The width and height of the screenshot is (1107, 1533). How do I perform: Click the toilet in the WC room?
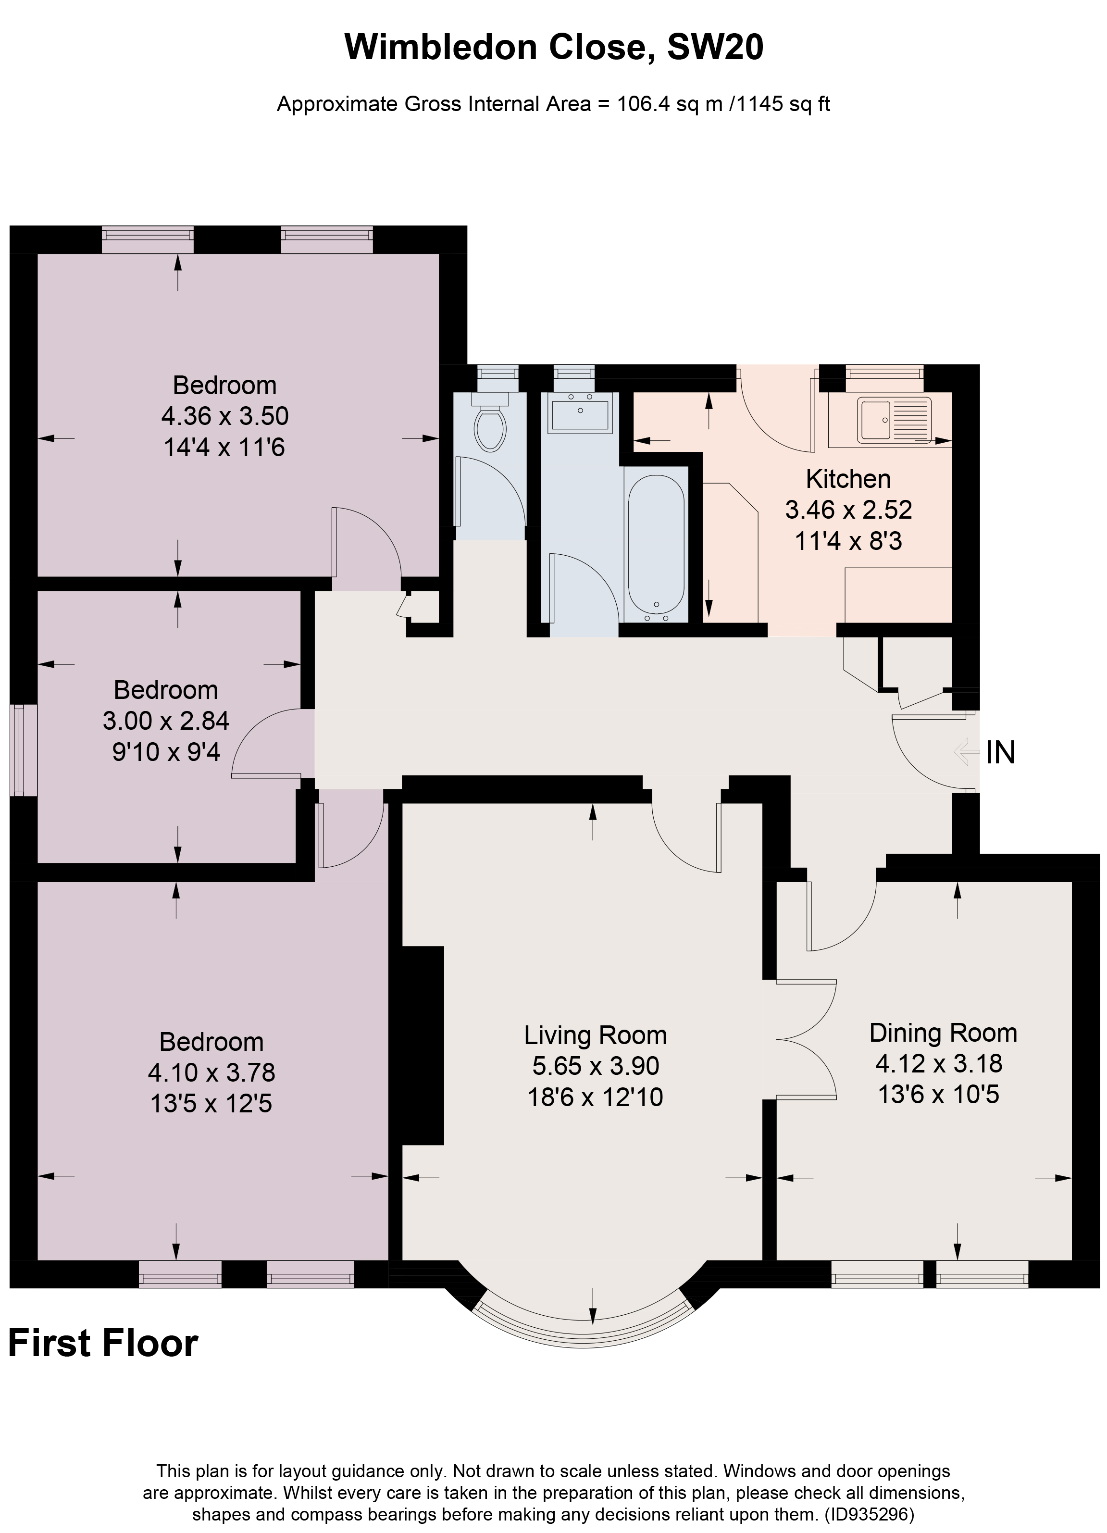pos(491,424)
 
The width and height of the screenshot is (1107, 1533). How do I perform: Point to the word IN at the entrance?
pos(1000,752)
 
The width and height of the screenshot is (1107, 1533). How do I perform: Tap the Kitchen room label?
pos(848,479)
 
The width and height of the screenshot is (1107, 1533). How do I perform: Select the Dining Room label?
pos(943,1033)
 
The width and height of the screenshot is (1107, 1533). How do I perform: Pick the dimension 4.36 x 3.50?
pos(224,416)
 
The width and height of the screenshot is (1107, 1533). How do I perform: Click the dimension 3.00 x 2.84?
pos(165,721)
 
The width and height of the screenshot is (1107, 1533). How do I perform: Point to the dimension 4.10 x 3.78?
pos(211,1072)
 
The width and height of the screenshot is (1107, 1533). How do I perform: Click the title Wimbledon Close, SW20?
pos(554,47)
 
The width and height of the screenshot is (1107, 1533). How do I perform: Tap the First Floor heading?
pos(103,1343)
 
